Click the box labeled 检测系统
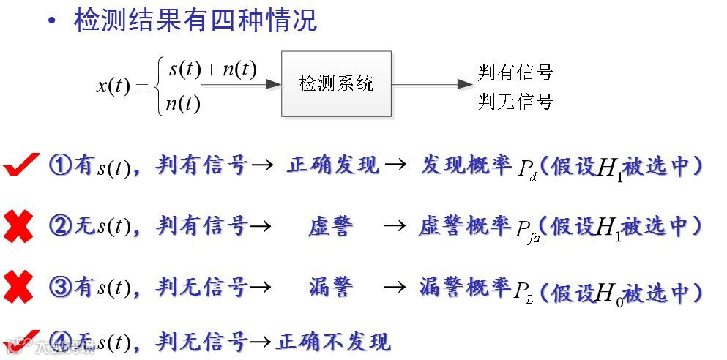click(336, 83)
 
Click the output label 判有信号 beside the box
click(515, 72)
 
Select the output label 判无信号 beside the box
click(515, 102)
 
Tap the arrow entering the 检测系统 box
click(241, 84)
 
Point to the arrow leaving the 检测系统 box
click(432, 84)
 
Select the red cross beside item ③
click(18, 288)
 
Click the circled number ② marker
click(60, 227)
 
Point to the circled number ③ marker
click(60, 288)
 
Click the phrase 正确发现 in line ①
click(333, 166)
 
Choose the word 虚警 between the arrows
click(330, 227)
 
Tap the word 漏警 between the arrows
click(330, 288)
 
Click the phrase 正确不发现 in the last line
click(333, 341)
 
